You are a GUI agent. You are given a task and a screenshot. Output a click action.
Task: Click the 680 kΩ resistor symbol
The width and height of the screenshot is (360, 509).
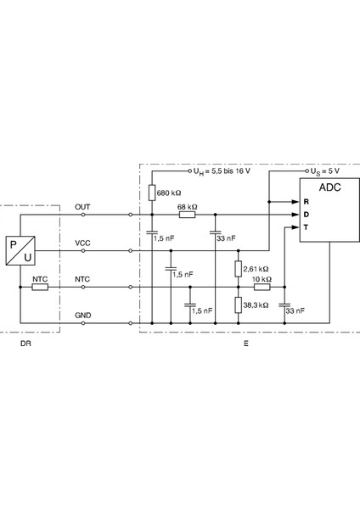(x=152, y=193)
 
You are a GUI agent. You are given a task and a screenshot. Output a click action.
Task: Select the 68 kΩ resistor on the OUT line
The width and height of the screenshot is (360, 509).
(x=187, y=215)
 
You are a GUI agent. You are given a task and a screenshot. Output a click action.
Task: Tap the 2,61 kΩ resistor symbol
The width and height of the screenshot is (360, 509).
(x=238, y=269)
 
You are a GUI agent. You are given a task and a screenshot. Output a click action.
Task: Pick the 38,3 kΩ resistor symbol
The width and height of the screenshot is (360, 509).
(x=238, y=305)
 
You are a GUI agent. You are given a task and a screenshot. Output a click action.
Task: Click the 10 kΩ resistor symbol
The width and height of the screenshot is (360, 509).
(x=262, y=287)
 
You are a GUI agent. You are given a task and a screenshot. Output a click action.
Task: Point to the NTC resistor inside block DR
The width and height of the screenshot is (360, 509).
(x=40, y=287)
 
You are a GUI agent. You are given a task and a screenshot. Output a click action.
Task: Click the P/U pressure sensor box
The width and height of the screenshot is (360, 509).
(x=20, y=250)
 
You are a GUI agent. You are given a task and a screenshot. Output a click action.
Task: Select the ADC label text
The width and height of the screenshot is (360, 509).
(x=329, y=187)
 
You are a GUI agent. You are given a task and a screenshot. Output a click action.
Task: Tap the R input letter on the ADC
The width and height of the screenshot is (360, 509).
(x=306, y=202)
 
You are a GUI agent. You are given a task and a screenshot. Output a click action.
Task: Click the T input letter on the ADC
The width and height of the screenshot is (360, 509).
(x=306, y=227)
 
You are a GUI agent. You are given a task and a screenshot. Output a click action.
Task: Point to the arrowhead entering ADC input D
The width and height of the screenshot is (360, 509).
(x=295, y=215)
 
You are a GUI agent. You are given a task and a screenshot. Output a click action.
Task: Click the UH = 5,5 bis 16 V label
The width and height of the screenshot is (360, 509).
(x=222, y=171)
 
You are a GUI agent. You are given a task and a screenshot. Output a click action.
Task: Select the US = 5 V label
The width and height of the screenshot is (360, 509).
(x=325, y=171)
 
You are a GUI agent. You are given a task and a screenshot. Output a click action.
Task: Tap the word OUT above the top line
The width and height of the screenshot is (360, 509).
(x=82, y=207)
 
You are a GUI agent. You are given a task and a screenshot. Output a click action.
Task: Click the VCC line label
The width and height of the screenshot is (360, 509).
(x=82, y=243)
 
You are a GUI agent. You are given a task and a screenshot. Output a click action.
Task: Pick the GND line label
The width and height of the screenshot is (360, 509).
(x=83, y=316)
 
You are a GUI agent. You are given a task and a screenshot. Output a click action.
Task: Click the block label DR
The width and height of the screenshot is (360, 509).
(x=25, y=344)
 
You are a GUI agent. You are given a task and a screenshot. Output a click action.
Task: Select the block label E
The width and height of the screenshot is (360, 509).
(x=246, y=344)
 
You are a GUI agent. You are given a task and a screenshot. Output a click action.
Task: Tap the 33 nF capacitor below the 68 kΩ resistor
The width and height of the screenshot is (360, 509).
(x=215, y=232)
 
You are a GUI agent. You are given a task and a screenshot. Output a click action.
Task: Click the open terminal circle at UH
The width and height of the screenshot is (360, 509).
(x=190, y=171)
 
